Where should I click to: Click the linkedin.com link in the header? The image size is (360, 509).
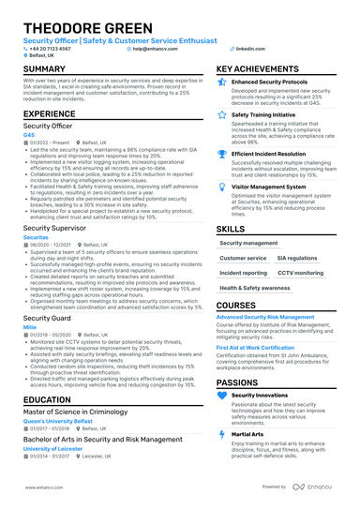(x=249, y=48)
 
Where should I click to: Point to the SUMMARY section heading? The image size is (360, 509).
(x=44, y=69)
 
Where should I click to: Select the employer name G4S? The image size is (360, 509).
(x=29, y=134)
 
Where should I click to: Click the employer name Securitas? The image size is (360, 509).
(x=36, y=238)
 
